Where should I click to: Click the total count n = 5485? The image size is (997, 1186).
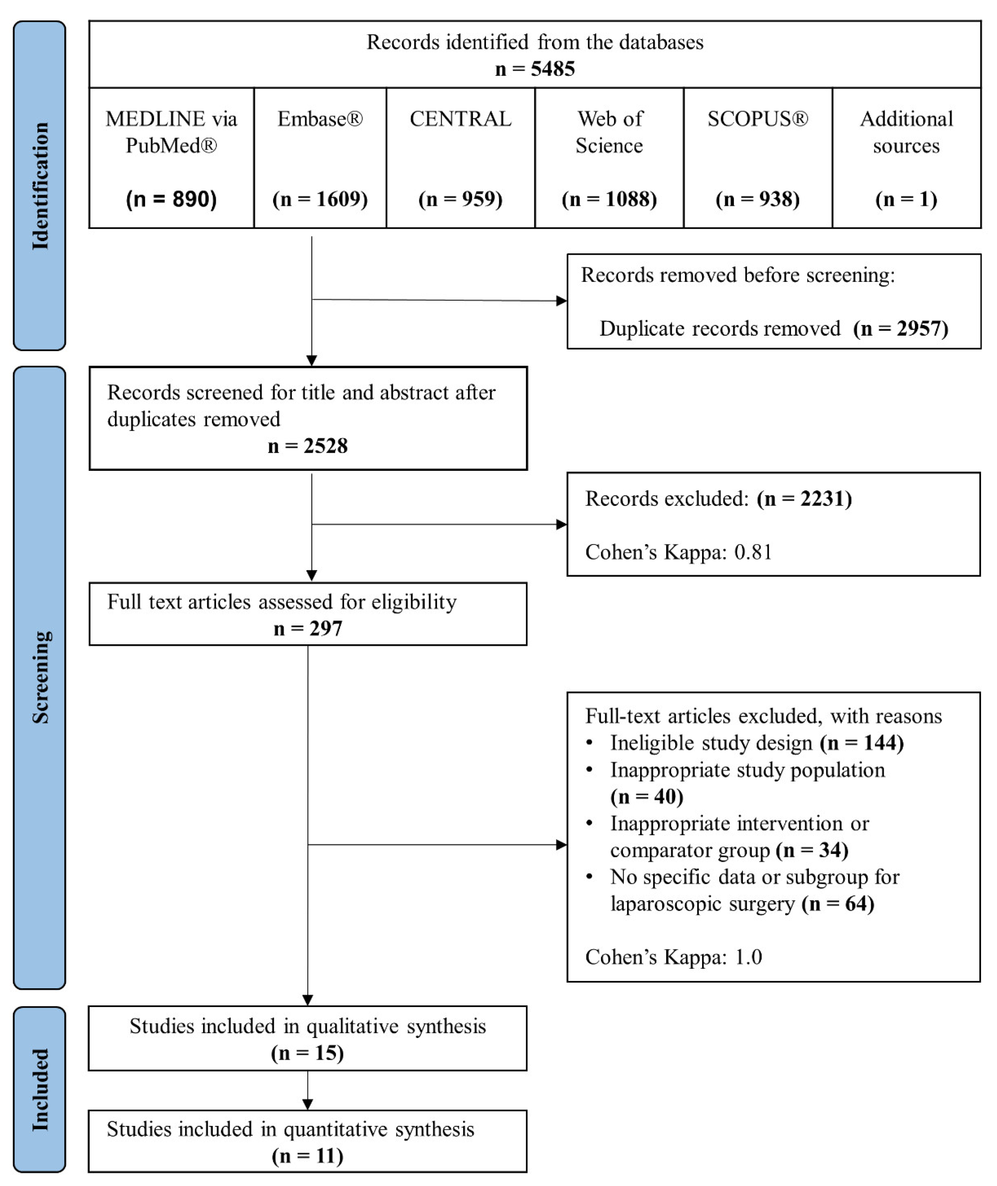(x=535, y=69)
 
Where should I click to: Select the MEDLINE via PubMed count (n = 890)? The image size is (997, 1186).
(x=171, y=199)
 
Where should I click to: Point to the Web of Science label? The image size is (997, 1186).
(x=609, y=132)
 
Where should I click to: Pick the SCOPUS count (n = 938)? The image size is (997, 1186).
(x=757, y=199)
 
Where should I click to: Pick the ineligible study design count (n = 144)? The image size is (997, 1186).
(x=862, y=743)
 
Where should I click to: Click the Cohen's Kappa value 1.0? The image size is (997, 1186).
(x=748, y=957)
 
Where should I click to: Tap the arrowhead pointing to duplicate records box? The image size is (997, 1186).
(x=561, y=300)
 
